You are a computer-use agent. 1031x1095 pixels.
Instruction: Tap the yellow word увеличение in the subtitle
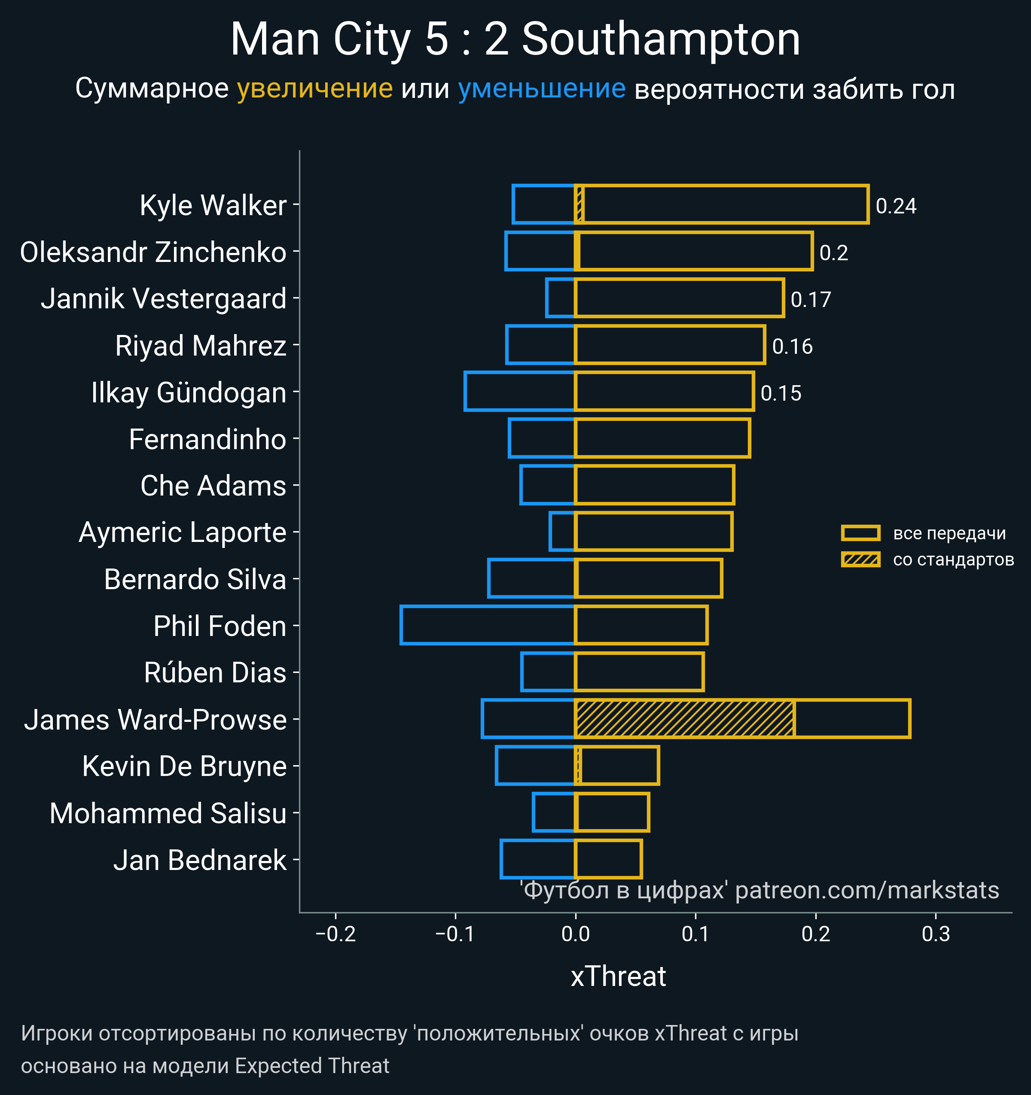coord(314,89)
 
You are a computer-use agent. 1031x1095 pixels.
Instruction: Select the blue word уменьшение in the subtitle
coord(542,89)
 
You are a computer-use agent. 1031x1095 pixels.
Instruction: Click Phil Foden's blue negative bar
coord(488,625)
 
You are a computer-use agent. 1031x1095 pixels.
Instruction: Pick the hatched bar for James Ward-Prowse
coord(684,718)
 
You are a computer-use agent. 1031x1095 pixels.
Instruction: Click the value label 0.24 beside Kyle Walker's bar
coord(896,206)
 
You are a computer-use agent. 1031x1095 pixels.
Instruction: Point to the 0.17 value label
coord(811,300)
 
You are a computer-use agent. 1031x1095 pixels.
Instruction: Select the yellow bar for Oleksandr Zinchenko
coord(694,251)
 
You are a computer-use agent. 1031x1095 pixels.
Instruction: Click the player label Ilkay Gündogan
coord(189,393)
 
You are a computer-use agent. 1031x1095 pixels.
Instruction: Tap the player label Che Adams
coord(213,486)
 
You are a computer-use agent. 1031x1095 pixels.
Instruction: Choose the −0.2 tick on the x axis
coord(336,934)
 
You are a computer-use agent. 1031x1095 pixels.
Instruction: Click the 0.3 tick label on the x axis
coord(936,934)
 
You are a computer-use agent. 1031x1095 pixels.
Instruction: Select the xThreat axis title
coord(618,976)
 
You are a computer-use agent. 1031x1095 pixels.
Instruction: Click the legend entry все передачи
coord(949,533)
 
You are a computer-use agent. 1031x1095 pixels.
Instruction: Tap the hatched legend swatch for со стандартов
coord(860,560)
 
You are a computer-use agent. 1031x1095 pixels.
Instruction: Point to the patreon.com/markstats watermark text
coord(867,891)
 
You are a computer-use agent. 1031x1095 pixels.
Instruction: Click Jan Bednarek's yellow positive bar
coord(608,859)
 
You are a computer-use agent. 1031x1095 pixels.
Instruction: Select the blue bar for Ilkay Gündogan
coord(520,392)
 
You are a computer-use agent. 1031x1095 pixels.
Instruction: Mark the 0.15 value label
coord(781,393)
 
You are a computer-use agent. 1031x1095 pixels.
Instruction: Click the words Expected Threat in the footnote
coord(312,1066)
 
